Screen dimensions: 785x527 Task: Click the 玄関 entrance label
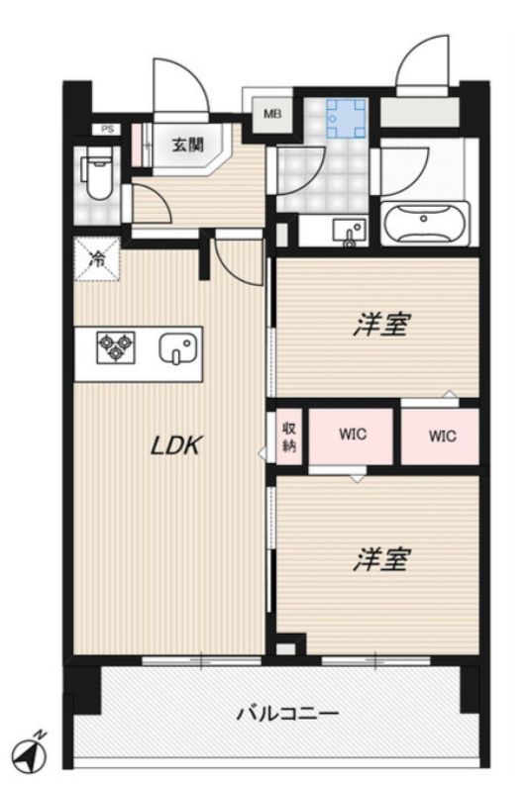click(187, 145)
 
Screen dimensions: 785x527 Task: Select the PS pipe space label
click(107, 129)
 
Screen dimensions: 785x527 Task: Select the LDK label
click(176, 445)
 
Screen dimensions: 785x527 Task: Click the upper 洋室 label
click(381, 325)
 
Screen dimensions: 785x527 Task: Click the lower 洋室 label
click(381, 560)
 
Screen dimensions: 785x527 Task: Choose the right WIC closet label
click(442, 436)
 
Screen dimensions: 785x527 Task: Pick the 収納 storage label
click(288, 437)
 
